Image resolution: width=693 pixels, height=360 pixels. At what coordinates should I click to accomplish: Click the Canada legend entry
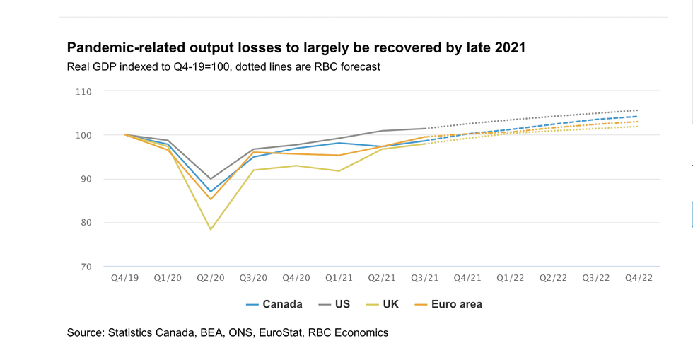point(274,304)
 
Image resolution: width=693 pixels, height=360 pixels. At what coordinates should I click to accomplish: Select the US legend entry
point(334,304)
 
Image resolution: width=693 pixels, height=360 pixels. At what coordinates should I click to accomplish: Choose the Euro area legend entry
point(448,304)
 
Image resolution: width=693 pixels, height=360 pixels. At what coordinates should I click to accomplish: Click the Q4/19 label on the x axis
point(124,279)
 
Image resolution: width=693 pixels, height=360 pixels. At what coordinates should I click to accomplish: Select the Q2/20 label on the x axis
point(210,279)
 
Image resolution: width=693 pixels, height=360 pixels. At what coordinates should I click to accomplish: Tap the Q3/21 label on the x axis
point(424,279)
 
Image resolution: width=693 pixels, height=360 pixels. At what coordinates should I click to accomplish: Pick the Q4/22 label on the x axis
point(639,279)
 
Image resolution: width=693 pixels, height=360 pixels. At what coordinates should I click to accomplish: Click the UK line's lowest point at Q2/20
point(211,230)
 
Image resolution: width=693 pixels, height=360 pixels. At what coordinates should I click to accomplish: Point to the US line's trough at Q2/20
point(211,179)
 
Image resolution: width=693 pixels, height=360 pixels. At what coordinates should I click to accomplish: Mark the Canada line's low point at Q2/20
point(211,192)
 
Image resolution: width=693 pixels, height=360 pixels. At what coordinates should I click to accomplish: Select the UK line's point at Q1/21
point(339,170)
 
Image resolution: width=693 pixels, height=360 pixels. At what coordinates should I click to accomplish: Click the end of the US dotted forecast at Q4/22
point(639,110)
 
